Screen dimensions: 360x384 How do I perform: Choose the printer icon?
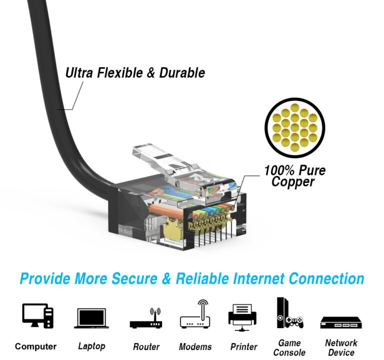(x=242, y=316)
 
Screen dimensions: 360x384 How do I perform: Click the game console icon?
(x=289, y=314)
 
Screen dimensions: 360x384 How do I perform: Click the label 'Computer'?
(x=35, y=346)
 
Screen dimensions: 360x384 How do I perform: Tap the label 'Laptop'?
(x=91, y=345)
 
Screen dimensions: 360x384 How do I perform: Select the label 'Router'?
(x=146, y=346)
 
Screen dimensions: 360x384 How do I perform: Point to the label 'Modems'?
(x=195, y=346)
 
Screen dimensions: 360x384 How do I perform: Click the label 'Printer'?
(x=243, y=346)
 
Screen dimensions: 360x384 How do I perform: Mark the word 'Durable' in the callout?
(x=182, y=73)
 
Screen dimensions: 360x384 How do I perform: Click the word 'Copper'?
(x=293, y=182)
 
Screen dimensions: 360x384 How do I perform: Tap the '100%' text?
(x=278, y=170)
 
